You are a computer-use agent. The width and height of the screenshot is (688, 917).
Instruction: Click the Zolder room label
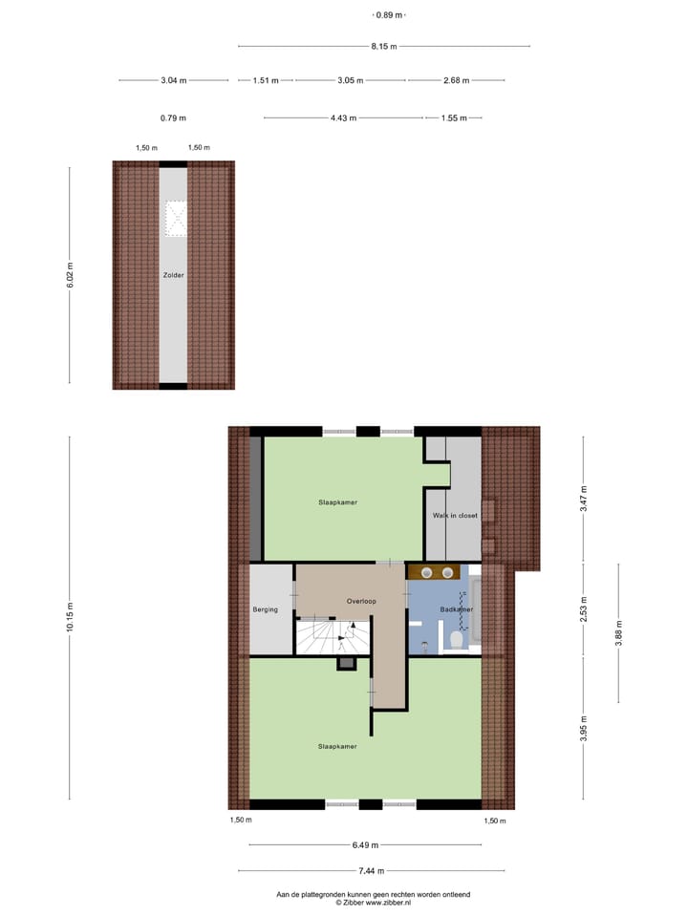(173, 275)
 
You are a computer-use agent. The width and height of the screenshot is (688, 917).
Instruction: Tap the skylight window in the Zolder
(174, 218)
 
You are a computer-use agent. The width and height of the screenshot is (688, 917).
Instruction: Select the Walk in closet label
(454, 515)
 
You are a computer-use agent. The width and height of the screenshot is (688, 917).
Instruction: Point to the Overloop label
(362, 602)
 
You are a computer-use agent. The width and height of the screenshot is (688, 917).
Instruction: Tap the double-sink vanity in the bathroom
(437, 573)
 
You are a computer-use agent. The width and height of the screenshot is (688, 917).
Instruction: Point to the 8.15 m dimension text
(383, 46)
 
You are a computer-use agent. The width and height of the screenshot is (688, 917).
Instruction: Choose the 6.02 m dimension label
(69, 274)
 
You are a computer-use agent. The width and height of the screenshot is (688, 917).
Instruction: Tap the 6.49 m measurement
(365, 844)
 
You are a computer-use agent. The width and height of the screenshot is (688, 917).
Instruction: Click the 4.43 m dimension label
(343, 118)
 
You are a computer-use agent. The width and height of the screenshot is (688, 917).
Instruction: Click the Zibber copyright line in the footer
(373, 902)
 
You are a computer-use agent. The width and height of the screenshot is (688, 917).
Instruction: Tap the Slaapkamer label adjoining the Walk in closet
(338, 501)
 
